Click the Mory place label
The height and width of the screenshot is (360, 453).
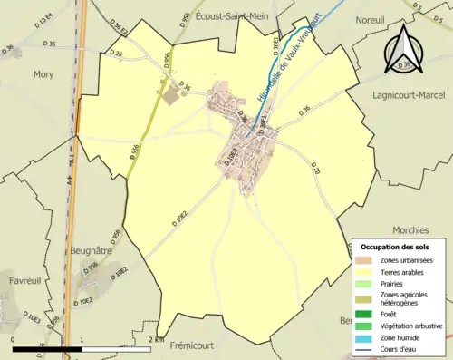click(x=43, y=75)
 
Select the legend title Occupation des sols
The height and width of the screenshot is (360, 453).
click(x=397, y=247)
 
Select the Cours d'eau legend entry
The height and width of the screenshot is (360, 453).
click(x=405, y=348)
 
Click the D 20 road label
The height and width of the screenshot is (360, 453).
click(x=315, y=169)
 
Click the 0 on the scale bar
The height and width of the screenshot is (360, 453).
click(x=14, y=340)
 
